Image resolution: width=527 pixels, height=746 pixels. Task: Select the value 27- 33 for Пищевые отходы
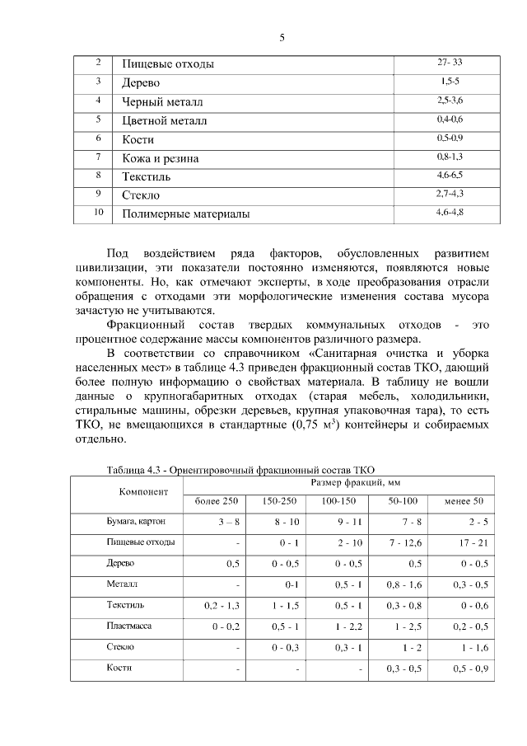tap(450, 63)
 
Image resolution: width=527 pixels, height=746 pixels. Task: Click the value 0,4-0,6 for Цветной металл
tap(450, 120)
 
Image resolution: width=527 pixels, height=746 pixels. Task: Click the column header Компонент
tap(143, 491)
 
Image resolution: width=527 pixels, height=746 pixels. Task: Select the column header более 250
tap(216, 501)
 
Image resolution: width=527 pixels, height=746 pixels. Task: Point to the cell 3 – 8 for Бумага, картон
tap(228, 523)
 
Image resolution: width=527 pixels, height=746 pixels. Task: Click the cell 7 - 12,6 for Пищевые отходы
tap(402, 543)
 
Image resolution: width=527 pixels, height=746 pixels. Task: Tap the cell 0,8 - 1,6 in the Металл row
tap(402, 585)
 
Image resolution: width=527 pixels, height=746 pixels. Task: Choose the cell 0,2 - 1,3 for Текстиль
tap(222, 606)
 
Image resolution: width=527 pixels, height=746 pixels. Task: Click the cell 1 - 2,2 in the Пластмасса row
tap(344, 627)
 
